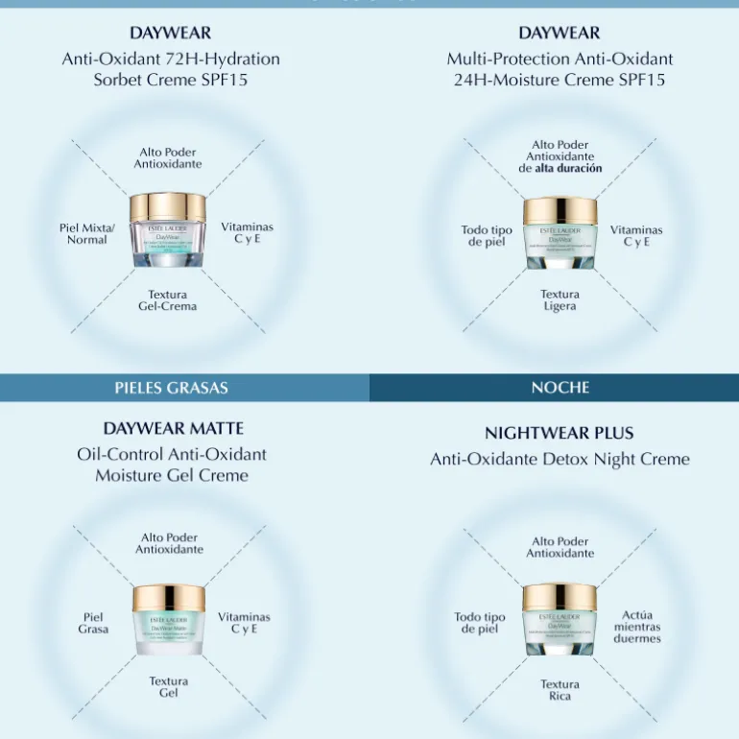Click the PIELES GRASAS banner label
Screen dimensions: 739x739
click(x=171, y=388)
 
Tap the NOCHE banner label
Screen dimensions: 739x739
click(x=560, y=388)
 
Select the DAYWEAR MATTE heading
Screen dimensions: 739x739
click(x=174, y=428)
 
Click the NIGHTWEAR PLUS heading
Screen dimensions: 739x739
click(x=560, y=433)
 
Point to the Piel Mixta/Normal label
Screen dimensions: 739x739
click(x=86, y=233)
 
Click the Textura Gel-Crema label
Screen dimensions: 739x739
click(x=167, y=300)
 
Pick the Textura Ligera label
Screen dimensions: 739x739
click(x=560, y=300)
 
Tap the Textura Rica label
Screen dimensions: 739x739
click(x=560, y=690)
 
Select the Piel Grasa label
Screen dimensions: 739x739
click(x=93, y=623)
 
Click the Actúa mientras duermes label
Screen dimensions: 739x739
click(x=637, y=627)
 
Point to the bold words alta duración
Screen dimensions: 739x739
click(x=568, y=168)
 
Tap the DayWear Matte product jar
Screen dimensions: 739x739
click(x=169, y=619)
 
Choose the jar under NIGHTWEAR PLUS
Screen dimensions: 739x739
click(x=560, y=619)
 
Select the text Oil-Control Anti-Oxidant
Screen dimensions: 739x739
click(x=172, y=454)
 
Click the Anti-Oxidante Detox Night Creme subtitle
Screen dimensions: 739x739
click(x=560, y=459)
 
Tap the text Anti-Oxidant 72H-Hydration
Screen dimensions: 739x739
click(x=171, y=59)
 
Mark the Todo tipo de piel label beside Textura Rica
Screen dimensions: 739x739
click(x=480, y=623)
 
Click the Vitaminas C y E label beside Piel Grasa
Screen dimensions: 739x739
click(x=244, y=623)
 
